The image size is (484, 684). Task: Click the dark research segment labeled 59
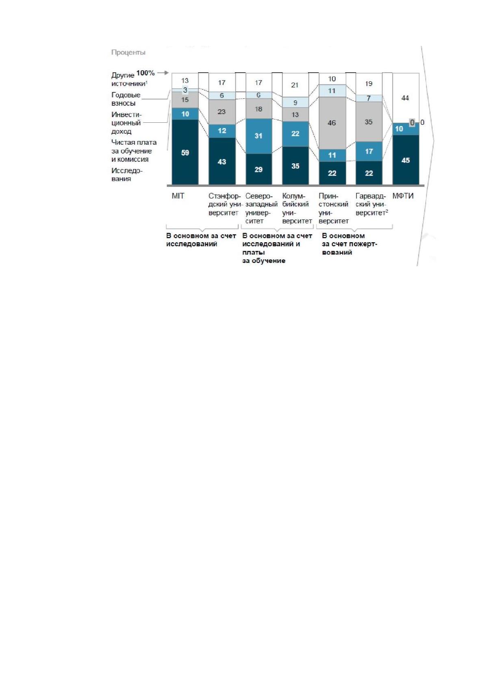[185, 152]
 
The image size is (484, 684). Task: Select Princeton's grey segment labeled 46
[332, 123]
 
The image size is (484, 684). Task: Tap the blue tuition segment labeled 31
[258, 136]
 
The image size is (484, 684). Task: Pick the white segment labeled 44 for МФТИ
[406, 98]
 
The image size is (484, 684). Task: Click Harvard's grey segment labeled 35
[369, 122]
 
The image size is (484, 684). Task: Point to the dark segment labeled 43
[222, 161]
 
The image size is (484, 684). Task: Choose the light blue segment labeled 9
[295, 102]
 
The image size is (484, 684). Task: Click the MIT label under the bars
[178, 196]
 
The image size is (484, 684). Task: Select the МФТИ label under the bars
[403, 196]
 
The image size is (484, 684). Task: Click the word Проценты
[128, 52]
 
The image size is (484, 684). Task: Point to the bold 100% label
[145, 73]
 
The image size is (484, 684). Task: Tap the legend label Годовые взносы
[126, 99]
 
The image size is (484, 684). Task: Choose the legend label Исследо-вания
[127, 175]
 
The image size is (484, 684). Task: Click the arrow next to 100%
[163, 73]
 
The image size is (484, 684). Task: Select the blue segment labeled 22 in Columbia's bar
[295, 134]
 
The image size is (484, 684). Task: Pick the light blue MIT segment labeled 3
[185, 90]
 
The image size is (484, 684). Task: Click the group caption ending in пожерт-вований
[349, 244]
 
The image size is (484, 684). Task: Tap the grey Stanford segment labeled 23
[222, 112]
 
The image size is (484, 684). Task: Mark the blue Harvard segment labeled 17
[369, 151]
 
